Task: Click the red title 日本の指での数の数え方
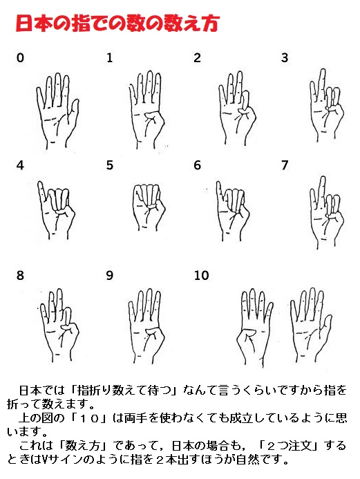(x=117, y=23)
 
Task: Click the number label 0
(x=20, y=58)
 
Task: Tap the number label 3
(x=285, y=58)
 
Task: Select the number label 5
(x=110, y=165)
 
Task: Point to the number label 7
(x=285, y=165)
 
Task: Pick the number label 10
(x=202, y=275)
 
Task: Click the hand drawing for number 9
(x=146, y=325)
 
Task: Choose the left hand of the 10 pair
(x=255, y=326)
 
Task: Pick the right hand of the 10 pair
(x=311, y=325)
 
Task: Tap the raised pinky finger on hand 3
(x=322, y=81)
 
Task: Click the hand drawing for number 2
(x=237, y=108)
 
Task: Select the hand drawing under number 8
(x=59, y=324)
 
